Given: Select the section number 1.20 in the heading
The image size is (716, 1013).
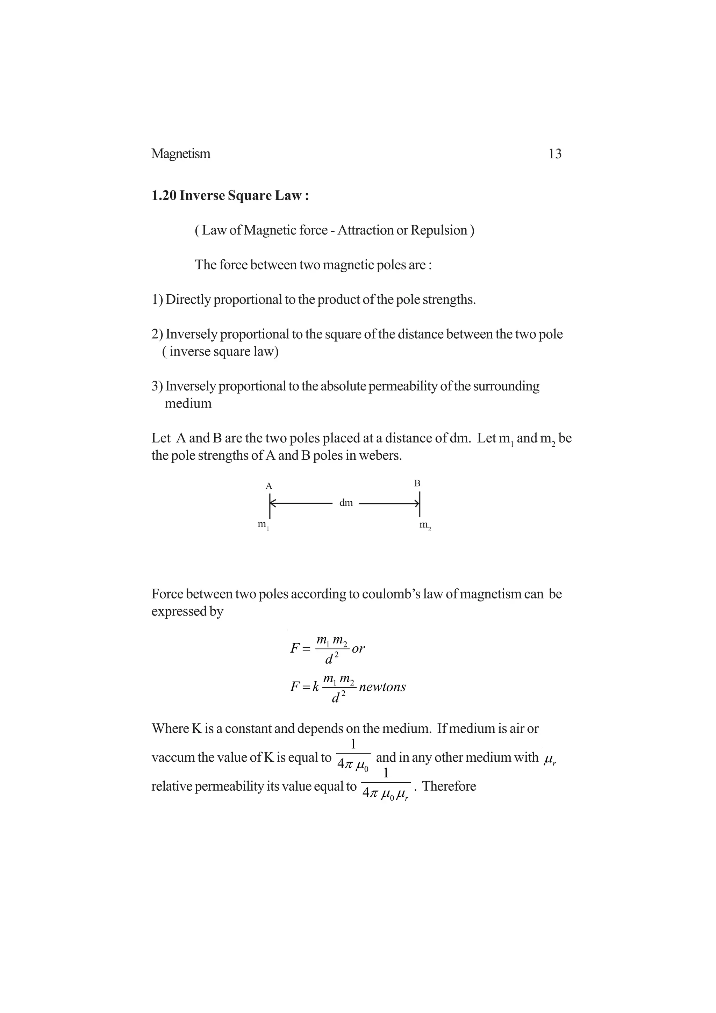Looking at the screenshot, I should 164,195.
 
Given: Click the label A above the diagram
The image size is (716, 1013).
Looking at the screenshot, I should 268,486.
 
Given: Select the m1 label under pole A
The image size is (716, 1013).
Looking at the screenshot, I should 263,525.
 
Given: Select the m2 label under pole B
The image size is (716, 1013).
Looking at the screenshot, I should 425,525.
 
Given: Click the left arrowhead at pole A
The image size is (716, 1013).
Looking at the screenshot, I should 273,503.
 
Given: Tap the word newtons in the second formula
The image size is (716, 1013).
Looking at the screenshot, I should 382,687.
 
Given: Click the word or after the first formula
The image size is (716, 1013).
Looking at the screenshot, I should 358,648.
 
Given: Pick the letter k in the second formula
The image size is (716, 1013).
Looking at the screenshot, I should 315,687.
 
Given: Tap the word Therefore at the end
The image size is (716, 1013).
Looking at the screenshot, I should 449,786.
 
